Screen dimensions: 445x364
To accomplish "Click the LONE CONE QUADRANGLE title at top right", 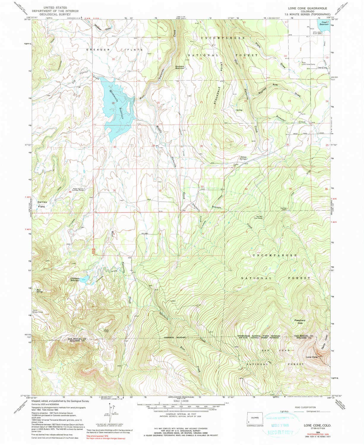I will click(311, 8).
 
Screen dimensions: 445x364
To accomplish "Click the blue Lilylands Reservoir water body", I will click(84, 279).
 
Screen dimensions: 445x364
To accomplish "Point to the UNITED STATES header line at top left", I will click(55, 7).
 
